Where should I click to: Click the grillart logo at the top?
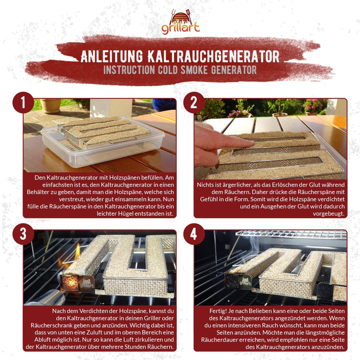pos(180,22)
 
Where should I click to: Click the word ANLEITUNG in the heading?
pos(112,56)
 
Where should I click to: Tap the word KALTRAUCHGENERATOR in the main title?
pos(213,56)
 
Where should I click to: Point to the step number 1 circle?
pos(23,102)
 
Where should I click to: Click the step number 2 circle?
pos(194,102)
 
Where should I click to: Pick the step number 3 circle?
pos(23,234)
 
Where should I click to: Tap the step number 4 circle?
pos(194,234)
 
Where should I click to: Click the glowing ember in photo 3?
pos(70,282)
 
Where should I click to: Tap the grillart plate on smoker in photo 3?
pos(86,284)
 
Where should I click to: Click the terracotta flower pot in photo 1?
pos(50,105)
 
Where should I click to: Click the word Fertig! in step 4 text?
pos(218,311)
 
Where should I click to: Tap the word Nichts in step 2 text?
pos(205,185)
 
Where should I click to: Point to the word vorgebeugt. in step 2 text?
pos(328,214)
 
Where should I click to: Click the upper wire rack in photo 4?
pos(291,234)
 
